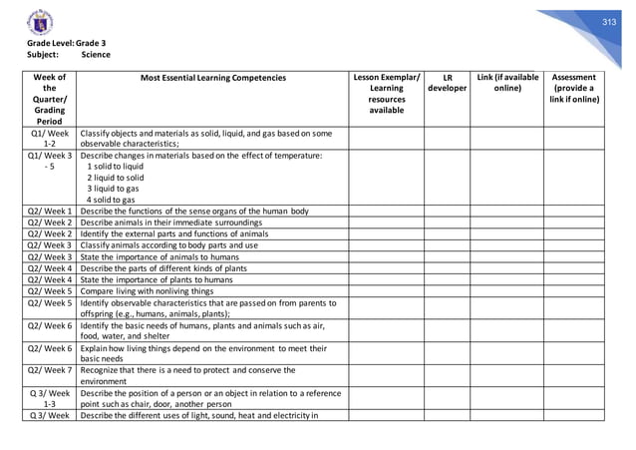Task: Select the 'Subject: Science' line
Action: click(62, 55)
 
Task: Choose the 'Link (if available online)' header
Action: click(507, 83)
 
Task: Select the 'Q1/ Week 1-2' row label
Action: click(49, 139)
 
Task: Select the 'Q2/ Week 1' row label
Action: click(49, 210)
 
